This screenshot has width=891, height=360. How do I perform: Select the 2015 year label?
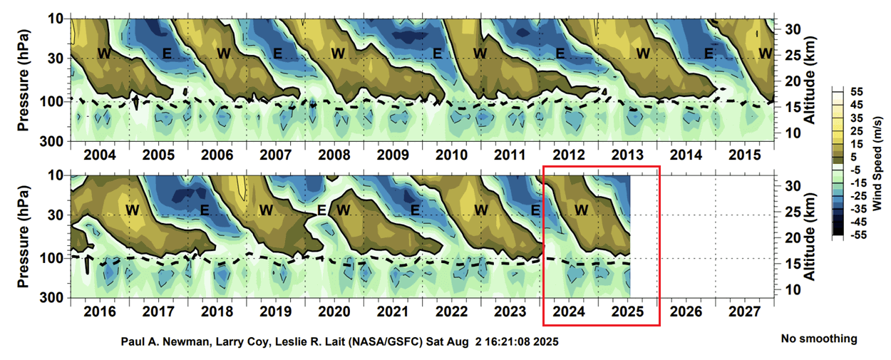coord(744,155)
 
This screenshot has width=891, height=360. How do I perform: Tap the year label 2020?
coord(334,312)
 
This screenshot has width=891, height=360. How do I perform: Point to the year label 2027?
coord(744,312)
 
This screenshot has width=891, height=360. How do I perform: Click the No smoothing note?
coord(819,339)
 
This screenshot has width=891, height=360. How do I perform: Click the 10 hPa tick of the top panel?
coord(56,17)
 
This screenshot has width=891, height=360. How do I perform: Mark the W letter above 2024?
coord(582,210)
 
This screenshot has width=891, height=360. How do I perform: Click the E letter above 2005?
coord(167,53)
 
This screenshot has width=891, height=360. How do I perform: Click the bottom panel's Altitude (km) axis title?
coord(810,235)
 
